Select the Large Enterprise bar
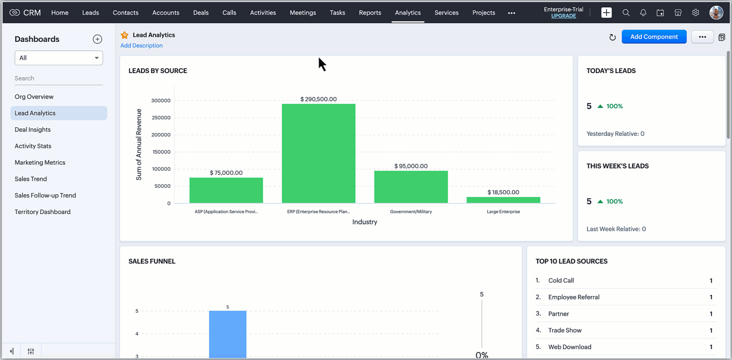[503, 200]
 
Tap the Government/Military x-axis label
[411, 212]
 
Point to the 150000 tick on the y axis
[161, 152]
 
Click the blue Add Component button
[654, 37]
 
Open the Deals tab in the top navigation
[201, 13]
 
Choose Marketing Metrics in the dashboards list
[40, 163]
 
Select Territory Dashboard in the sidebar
[43, 212]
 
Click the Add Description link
[142, 45]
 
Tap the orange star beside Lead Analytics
[125, 35]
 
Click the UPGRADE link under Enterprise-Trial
[563, 16]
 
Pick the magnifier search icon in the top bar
[626, 13]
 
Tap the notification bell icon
[643, 13]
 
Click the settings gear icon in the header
[696, 13]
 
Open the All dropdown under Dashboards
[59, 58]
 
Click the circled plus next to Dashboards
[97, 39]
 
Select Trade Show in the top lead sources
[565, 330]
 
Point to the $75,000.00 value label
[226, 173]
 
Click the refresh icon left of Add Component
[612, 37]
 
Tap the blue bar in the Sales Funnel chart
[228, 334]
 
